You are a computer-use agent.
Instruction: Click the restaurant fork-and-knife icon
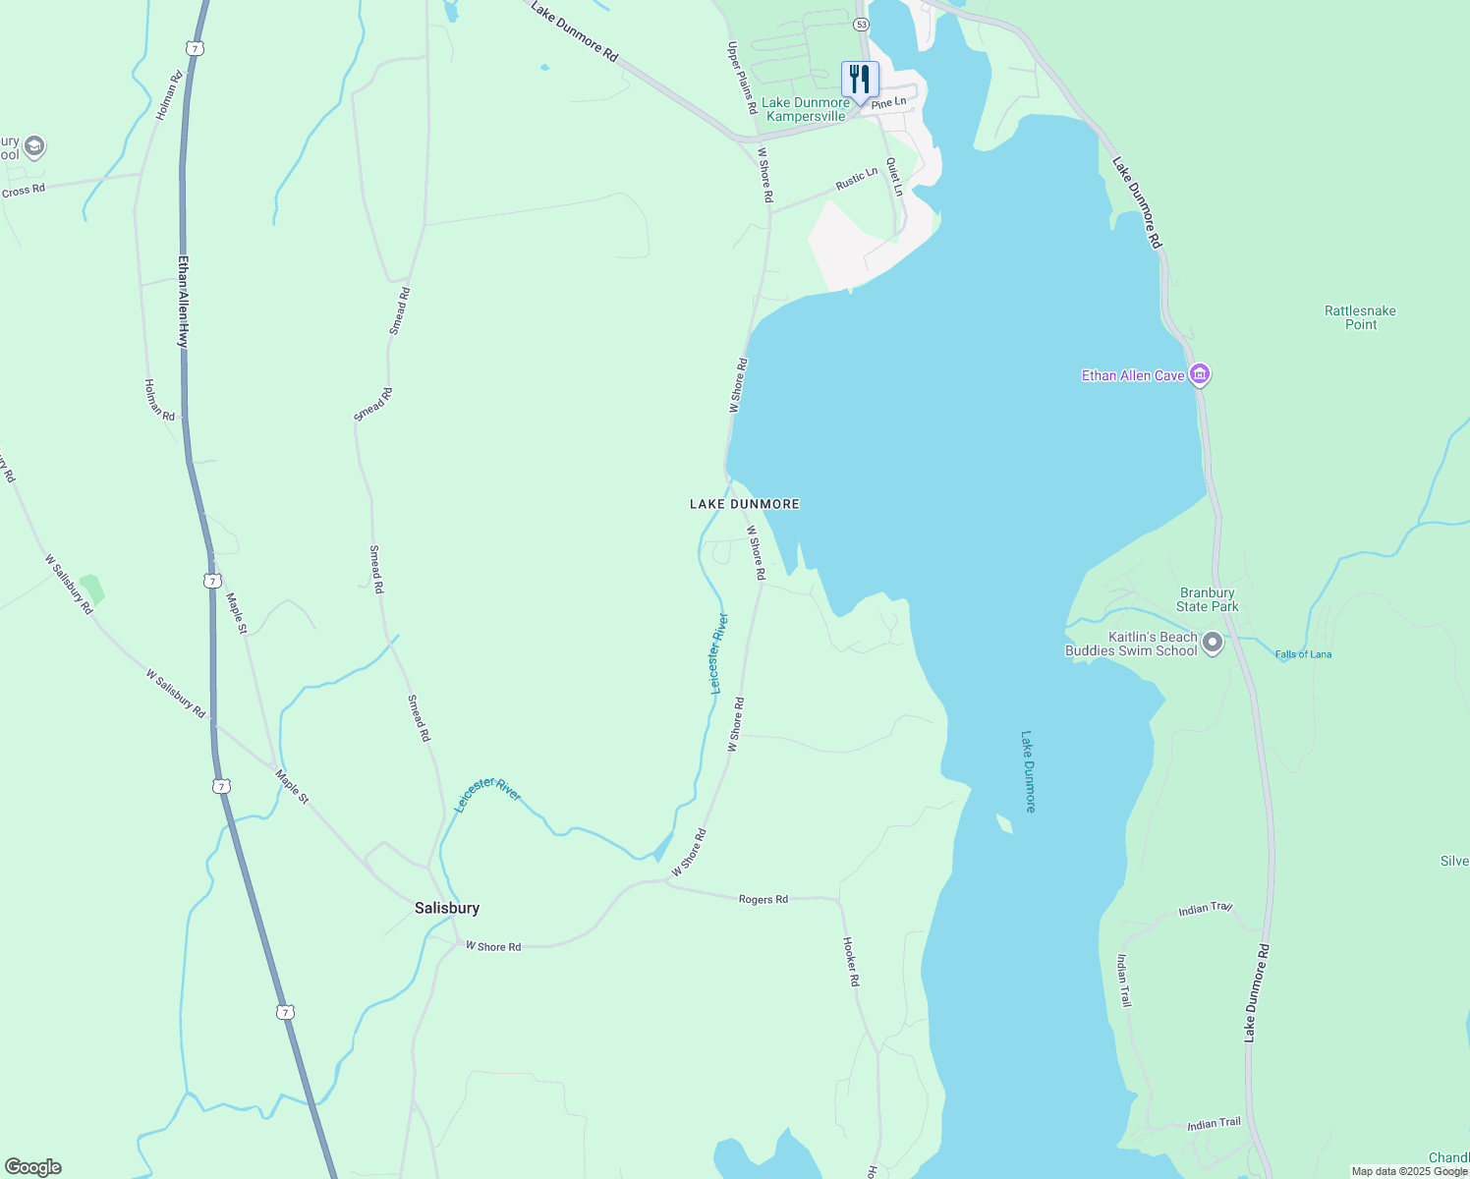(860, 80)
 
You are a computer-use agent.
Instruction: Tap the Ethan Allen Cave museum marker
(1199, 374)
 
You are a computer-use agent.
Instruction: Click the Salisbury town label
(447, 908)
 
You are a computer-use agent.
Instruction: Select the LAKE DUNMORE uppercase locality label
(744, 504)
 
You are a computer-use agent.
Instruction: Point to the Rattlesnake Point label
(1360, 317)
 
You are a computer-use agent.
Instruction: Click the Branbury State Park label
(1208, 599)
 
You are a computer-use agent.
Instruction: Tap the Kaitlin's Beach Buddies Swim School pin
(1213, 644)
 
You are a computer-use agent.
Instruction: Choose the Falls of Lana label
(1303, 654)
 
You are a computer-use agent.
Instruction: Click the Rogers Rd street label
(763, 899)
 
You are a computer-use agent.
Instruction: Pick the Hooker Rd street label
(852, 961)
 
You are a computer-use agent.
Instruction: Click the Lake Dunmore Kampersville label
(806, 109)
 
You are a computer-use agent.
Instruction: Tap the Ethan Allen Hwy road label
(183, 301)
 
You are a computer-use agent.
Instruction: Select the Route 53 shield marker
(862, 24)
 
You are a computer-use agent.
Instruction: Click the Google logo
(32, 1167)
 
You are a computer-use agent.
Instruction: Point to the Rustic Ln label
(856, 179)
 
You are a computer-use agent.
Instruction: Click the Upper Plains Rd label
(741, 75)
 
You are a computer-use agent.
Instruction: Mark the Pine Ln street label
(888, 102)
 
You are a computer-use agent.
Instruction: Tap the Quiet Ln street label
(894, 178)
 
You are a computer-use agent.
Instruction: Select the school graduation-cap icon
(34, 147)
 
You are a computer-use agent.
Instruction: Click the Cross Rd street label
(24, 190)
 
